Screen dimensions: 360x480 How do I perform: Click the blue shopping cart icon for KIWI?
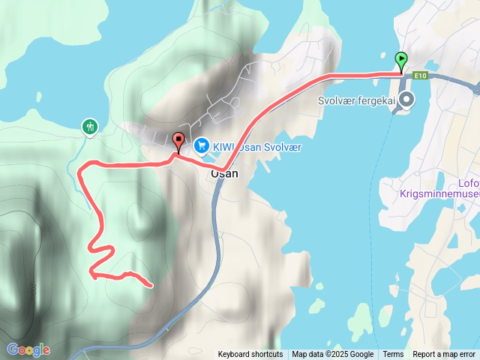point(201,145)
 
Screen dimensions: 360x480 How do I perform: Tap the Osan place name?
point(223,172)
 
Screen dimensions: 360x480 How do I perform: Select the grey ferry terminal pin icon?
point(406,100)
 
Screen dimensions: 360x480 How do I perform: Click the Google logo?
point(28,349)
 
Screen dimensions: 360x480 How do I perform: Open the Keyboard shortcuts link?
point(250,355)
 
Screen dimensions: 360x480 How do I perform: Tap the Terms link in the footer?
point(393,355)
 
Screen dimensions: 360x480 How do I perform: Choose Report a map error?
point(444,355)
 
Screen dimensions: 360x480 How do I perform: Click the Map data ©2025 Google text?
point(333,355)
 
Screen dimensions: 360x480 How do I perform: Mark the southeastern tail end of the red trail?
point(151,285)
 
